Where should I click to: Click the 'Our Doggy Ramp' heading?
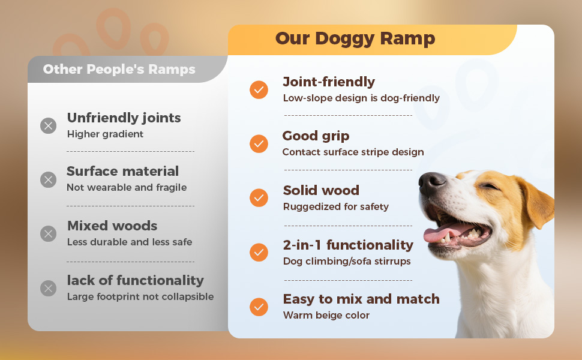point(355,39)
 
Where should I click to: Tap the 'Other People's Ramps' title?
point(119,70)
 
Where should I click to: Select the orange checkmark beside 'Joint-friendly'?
point(259,90)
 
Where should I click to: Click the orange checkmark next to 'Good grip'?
point(259,143)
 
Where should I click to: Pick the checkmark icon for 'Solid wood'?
point(259,197)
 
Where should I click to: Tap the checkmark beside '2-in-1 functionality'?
point(259,253)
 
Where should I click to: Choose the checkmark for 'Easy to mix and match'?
point(259,307)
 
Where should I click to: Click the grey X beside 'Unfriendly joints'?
point(48,126)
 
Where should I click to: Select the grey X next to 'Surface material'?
point(48,179)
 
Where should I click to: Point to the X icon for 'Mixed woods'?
point(48,234)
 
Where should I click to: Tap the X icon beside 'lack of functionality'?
point(48,289)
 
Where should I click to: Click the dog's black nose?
point(431,182)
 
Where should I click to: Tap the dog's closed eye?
point(490,186)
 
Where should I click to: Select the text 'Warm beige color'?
point(326,316)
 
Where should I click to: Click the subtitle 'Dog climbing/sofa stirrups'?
point(347,261)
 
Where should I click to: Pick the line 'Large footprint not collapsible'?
point(140,297)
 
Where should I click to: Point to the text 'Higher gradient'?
point(105,134)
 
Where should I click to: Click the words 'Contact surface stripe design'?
point(353,152)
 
